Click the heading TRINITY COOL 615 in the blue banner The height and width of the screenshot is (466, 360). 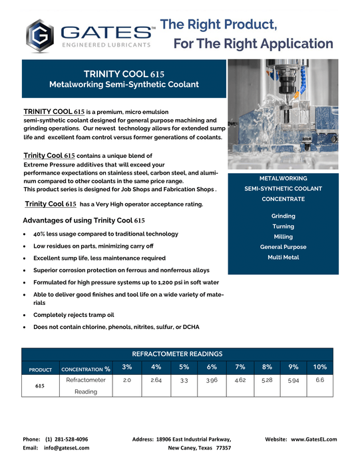pyautogui.click(x=124, y=73)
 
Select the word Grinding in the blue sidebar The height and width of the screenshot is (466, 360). pyautogui.click(x=283, y=216)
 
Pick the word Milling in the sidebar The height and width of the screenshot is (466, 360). pyautogui.click(x=283, y=236)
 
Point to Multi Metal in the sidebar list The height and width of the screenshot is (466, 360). pyautogui.click(x=283, y=257)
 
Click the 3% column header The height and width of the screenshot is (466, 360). pyautogui.click(x=127, y=367)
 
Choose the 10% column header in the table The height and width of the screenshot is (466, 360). pyautogui.click(x=319, y=367)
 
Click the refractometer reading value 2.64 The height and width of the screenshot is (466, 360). pyautogui.click(x=156, y=380)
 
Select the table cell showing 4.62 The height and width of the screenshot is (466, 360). pyautogui.click(x=240, y=380)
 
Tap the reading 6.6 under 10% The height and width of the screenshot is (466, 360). pyautogui.click(x=319, y=379)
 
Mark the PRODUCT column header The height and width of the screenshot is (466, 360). pyautogui.click(x=41, y=369)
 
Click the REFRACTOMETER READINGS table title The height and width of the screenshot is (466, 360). pyautogui.click(x=177, y=353)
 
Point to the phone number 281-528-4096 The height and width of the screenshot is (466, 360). pyautogui.click(x=67, y=439)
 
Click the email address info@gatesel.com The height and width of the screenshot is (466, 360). pyautogui.click(x=67, y=448)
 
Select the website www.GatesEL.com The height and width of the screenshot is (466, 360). pyautogui.click(x=313, y=439)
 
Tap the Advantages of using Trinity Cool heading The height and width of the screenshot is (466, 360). pyautogui.click(x=84, y=220)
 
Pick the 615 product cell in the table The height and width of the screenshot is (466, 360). pyautogui.click(x=41, y=385)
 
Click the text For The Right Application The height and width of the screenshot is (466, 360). pyautogui.click(x=254, y=44)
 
